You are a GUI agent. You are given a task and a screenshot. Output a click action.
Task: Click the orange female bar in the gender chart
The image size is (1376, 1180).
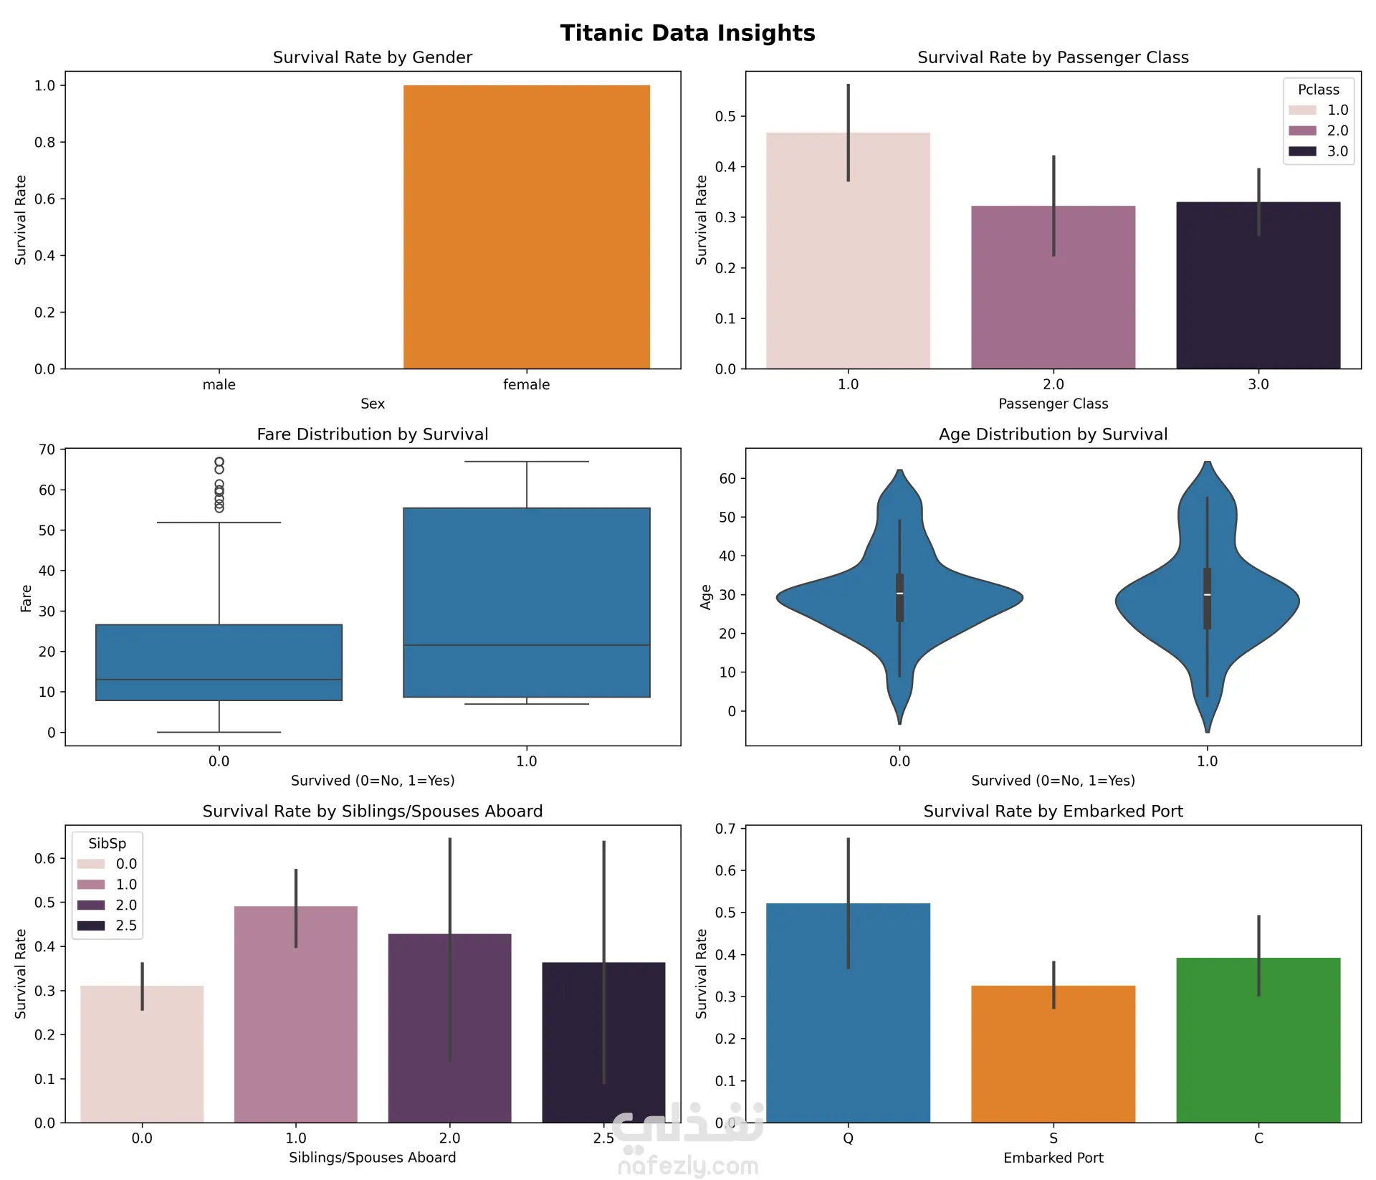(526, 227)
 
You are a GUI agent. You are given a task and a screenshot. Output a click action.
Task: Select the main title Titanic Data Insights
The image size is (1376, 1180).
(687, 33)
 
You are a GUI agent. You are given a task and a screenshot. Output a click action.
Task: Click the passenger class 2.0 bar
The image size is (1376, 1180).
(1053, 287)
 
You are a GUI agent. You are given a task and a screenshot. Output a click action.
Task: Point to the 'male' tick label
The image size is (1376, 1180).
(219, 385)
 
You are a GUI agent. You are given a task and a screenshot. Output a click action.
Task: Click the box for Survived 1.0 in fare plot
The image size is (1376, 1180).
(526, 602)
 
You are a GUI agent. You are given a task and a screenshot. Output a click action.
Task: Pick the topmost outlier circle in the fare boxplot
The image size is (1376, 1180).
(219, 462)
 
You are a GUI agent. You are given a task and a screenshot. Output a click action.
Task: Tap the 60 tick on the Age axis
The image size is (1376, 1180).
(727, 478)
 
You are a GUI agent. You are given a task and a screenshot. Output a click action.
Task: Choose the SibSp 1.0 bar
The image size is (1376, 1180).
(295, 1014)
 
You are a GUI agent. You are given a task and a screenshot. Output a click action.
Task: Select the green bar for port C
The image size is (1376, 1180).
(1258, 1039)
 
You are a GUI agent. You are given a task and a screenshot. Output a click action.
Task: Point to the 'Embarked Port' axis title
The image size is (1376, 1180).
(1053, 1158)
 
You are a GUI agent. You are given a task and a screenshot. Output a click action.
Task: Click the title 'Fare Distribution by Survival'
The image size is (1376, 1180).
(372, 434)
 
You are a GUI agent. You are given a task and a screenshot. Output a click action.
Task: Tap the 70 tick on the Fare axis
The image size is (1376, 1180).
(47, 449)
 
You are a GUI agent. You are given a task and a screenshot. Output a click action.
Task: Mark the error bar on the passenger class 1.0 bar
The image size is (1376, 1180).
(849, 133)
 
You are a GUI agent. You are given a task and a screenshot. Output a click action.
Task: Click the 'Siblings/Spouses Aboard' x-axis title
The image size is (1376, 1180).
(372, 1158)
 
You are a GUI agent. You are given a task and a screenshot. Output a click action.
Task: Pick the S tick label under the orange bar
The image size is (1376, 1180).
(1053, 1138)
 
